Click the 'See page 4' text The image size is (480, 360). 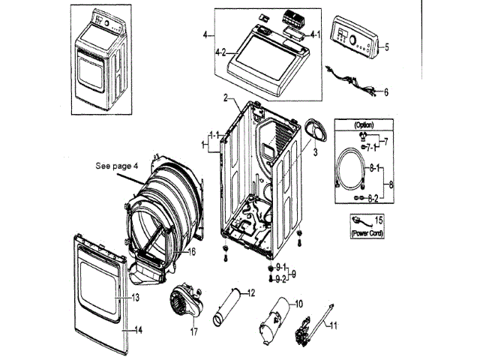(117, 166)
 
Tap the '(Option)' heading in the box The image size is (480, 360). (364, 124)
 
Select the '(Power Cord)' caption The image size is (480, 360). (367, 233)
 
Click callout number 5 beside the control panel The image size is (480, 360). (387, 47)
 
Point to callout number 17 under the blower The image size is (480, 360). (194, 331)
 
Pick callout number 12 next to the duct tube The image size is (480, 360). (251, 293)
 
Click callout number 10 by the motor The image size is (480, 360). (298, 304)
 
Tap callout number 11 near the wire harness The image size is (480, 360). (333, 325)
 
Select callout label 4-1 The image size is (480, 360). (315, 34)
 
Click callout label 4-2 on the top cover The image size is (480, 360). (220, 52)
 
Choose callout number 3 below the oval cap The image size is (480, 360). (315, 152)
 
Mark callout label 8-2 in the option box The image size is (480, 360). (373, 198)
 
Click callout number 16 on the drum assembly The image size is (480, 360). (192, 252)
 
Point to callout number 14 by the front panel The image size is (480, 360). (138, 330)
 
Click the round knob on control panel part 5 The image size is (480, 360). (353, 40)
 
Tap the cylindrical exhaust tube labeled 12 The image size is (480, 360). (226, 307)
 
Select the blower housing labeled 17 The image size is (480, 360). (186, 301)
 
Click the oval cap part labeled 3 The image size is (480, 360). (316, 130)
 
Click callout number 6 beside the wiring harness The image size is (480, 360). (386, 91)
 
